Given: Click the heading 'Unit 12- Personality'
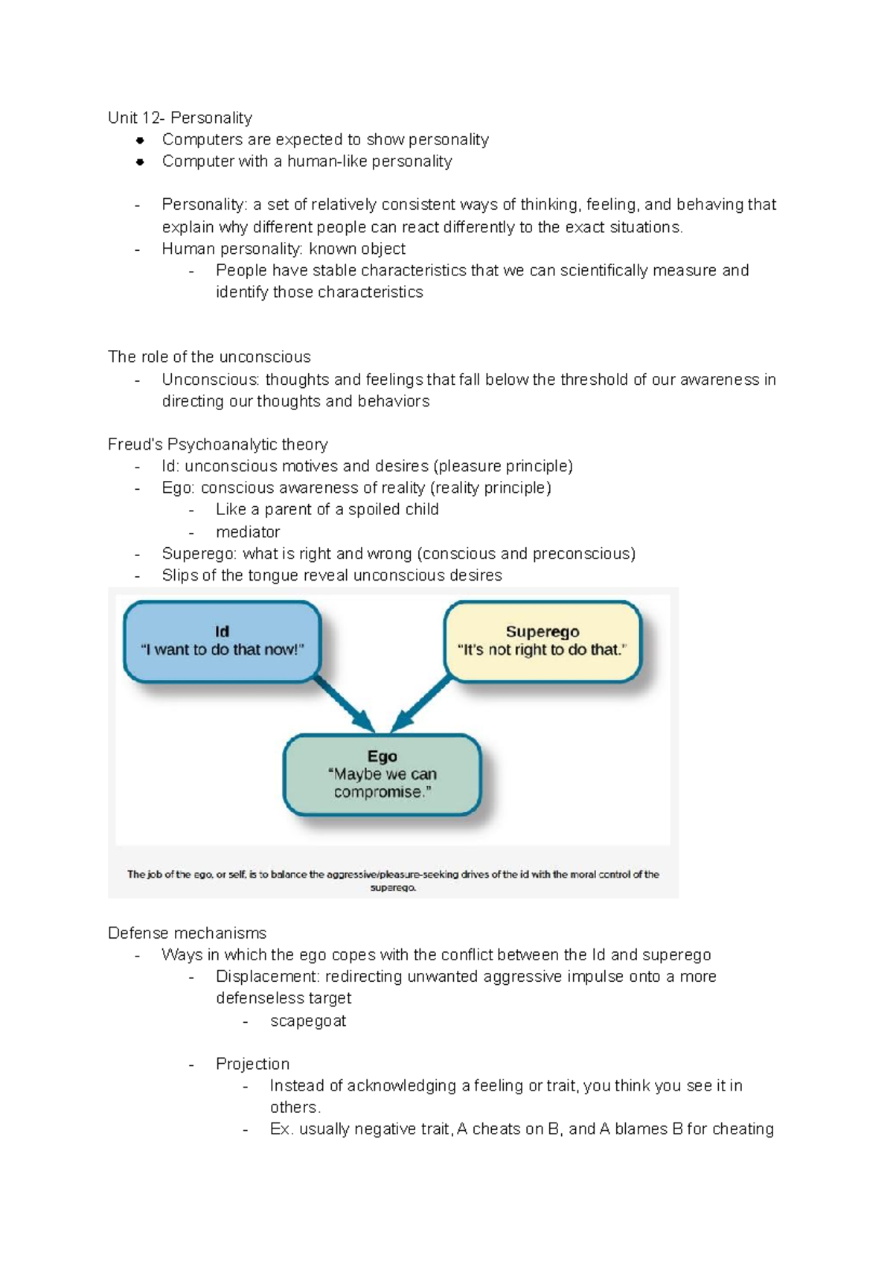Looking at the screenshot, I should (179, 118).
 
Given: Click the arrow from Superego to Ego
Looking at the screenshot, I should (421, 703).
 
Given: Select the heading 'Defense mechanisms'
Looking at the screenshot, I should (187, 933).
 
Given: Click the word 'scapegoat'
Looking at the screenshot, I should (308, 1021).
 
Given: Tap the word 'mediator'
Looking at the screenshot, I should (248, 532).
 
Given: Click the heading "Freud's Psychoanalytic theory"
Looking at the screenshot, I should (217, 444).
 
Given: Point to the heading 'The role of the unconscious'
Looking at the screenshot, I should (209, 357).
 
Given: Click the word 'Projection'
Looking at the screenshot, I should (252, 1064).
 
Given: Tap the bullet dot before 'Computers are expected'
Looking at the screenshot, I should (139, 140).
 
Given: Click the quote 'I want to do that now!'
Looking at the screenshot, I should (223, 649).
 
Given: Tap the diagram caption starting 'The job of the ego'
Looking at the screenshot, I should (393, 881).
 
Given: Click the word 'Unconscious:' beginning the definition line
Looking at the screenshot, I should (211, 380).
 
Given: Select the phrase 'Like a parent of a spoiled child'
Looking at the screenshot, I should (327, 509).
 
